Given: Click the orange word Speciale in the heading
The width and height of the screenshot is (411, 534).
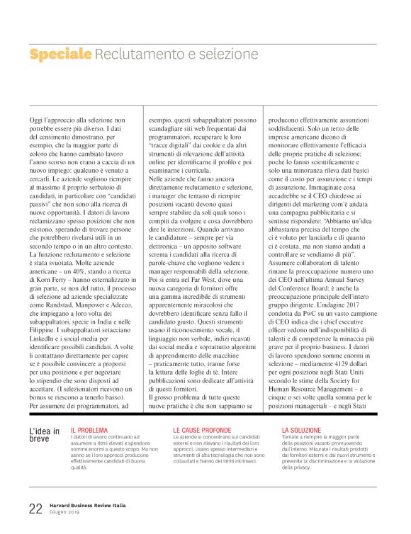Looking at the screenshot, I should point(61,55).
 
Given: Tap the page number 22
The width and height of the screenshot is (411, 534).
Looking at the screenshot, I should point(35,509).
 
